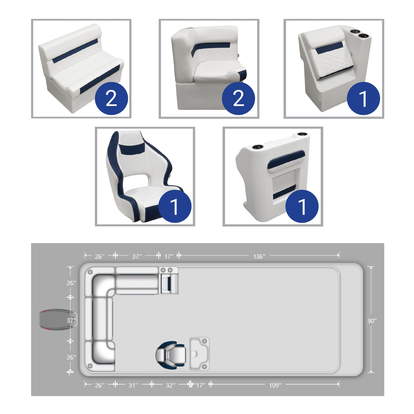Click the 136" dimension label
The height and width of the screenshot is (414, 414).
[x=259, y=256]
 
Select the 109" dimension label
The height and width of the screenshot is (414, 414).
[x=275, y=385]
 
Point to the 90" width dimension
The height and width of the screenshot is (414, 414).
[x=372, y=321]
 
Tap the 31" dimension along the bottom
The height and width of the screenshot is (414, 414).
[x=133, y=385]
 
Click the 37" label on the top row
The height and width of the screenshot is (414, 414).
[x=137, y=256]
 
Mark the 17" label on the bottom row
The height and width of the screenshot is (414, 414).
[x=200, y=385]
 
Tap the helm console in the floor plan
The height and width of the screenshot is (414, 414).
[x=199, y=354]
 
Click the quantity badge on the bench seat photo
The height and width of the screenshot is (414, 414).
[x=111, y=98]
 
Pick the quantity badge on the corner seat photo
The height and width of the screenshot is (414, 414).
[x=238, y=98]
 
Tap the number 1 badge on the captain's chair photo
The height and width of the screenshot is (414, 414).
[x=175, y=206]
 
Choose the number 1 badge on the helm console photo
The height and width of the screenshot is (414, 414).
[x=302, y=206]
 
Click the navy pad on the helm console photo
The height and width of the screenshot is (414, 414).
[x=286, y=159]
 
